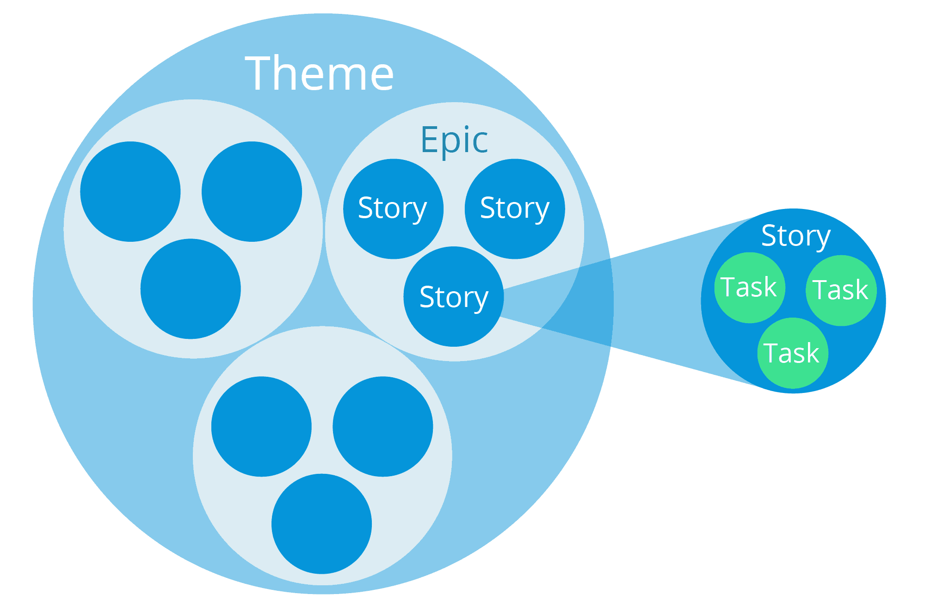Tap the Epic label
454,140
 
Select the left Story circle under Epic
393,209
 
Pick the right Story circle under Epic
515,209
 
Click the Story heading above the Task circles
795,236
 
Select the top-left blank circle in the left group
130,191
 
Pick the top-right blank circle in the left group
252,191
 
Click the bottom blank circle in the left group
191,289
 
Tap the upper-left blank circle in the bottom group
261,426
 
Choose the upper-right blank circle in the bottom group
382,426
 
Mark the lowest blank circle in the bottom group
321,524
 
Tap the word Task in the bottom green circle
791,353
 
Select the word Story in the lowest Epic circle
454,297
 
